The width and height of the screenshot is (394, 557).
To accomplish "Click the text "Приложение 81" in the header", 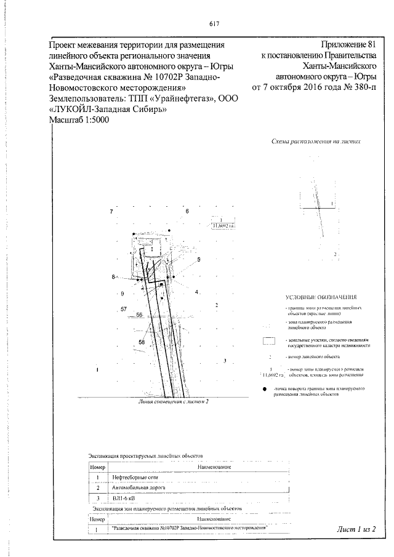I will point(348,45).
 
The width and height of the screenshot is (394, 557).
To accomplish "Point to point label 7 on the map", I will point(111,212).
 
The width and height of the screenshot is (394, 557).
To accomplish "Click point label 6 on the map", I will point(187,211).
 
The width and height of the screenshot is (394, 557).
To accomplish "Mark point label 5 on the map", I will point(199,260).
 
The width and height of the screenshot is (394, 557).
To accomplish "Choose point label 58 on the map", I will point(142,342).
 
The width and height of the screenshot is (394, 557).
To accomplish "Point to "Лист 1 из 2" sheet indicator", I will point(356,528).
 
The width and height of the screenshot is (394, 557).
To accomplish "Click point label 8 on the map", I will point(114,278).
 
